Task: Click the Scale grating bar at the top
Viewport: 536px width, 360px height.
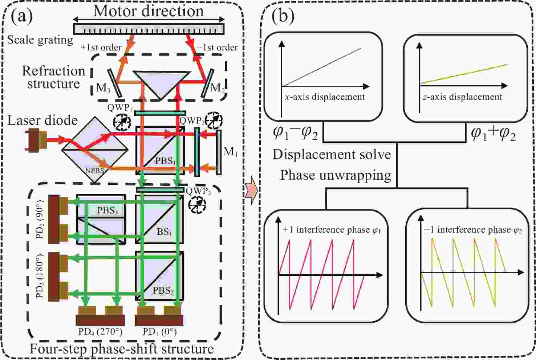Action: point(149,29)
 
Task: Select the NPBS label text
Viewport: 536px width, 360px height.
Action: point(95,169)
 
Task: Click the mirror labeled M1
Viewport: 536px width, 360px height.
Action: point(219,152)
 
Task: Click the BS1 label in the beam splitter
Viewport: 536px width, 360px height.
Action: point(164,231)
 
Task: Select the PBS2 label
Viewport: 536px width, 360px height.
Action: point(163,290)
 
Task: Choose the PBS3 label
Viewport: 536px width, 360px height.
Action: point(107,210)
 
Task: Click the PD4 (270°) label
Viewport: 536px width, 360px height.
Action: point(100,332)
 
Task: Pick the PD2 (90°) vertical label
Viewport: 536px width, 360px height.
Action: point(40,220)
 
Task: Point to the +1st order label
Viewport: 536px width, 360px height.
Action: point(101,48)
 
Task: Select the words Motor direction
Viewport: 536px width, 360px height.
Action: point(149,11)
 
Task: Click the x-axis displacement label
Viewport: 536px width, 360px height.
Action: point(325,97)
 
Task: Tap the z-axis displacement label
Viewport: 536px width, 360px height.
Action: point(462,97)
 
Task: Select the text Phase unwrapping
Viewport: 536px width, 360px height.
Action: point(335,175)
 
